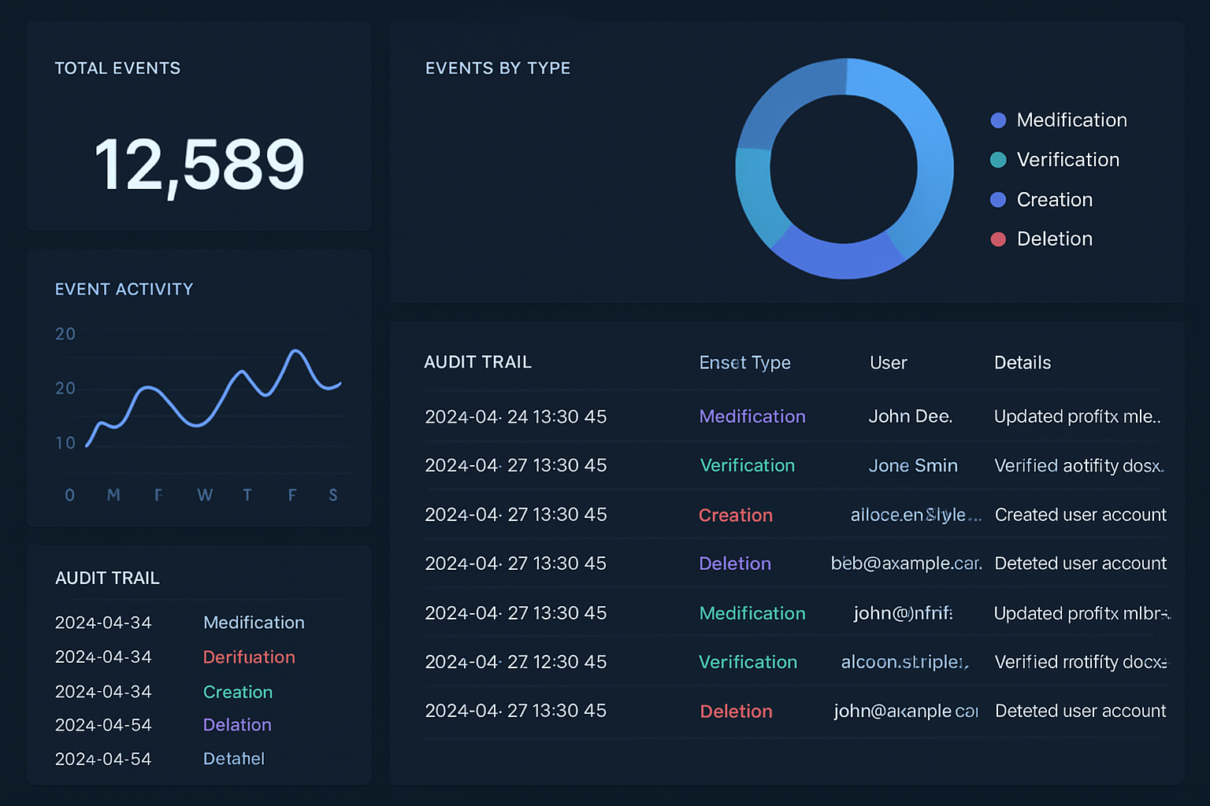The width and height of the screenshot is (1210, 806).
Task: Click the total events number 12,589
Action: [x=199, y=165]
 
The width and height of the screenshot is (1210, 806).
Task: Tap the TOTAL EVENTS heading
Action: [x=117, y=68]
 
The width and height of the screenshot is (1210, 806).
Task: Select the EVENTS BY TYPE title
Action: [x=498, y=68]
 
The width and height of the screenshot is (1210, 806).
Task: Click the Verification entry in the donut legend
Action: [x=1067, y=160]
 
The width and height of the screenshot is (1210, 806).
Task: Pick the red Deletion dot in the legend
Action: [x=998, y=239]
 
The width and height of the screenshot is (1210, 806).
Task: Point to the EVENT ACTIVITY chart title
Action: [x=124, y=290]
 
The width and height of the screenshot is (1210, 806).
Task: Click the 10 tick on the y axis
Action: [x=65, y=443]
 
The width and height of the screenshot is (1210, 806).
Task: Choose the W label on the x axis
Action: [x=205, y=495]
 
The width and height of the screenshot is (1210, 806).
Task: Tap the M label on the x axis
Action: [x=113, y=495]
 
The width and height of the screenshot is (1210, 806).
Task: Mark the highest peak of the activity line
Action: [x=296, y=351]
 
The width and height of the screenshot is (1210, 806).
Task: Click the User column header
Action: [x=888, y=363]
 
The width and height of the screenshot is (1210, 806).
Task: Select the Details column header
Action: [x=1022, y=363]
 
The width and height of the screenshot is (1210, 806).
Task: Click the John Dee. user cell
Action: [x=910, y=416]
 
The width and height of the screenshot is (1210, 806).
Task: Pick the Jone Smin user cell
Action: [x=913, y=466]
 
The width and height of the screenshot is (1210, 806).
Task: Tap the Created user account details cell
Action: [x=1080, y=515]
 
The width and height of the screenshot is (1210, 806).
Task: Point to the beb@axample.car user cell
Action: [x=906, y=564]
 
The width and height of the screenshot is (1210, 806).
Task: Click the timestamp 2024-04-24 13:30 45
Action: [x=515, y=416]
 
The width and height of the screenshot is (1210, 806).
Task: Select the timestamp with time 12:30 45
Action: [x=515, y=662]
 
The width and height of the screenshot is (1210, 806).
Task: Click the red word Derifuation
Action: [x=249, y=657]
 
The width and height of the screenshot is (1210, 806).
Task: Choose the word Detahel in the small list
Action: [x=234, y=759]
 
